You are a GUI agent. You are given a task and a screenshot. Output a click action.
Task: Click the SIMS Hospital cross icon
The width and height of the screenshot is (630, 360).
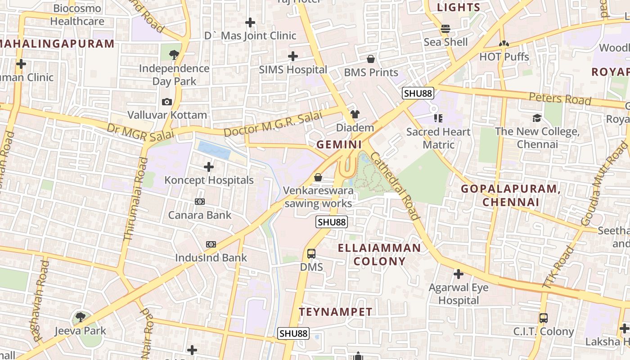[x=293, y=56]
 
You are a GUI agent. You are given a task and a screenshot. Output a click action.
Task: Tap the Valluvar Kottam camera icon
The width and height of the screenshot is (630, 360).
[x=167, y=102]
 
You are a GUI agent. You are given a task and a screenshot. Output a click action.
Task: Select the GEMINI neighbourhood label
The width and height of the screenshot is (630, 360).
[x=339, y=144]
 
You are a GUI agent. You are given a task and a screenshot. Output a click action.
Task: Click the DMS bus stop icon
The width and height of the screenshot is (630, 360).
[x=311, y=254]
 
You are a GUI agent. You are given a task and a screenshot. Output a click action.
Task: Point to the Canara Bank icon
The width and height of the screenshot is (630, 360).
[x=200, y=202]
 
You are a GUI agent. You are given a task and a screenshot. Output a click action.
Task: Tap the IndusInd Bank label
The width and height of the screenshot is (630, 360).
[x=211, y=258]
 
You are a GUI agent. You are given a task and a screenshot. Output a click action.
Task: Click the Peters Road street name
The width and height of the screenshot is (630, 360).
[x=559, y=99]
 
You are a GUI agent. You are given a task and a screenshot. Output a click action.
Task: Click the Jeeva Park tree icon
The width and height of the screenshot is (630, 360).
[x=81, y=317]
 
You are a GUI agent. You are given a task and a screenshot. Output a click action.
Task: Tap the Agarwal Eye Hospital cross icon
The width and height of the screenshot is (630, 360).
[x=459, y=274]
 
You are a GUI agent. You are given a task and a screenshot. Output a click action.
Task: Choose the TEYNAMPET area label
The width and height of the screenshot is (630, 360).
[x=336, y=312]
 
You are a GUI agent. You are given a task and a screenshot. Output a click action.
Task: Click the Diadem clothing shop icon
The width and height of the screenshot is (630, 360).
[x=355, y=114]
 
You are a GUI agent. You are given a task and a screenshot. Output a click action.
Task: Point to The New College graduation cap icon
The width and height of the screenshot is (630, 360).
[x=537, y=118]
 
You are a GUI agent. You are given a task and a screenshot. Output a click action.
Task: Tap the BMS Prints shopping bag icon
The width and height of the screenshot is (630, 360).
[x=371, y=59]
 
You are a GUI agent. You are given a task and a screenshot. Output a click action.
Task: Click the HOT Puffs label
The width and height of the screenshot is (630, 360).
[x=504, y=57]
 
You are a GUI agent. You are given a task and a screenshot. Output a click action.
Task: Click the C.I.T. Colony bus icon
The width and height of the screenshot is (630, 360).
[x=544, y=318]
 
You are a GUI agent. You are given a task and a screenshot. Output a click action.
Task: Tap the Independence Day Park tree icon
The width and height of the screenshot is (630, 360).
[x=174, y=55]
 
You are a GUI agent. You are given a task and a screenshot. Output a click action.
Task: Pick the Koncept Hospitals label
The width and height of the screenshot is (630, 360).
[x=209, y=180]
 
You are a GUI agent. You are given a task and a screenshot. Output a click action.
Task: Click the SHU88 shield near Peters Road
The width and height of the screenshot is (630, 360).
[x=418, y=94]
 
